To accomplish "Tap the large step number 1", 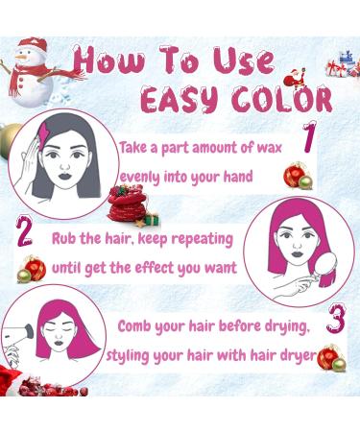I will (309, 139).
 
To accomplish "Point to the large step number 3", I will (334, 319).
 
